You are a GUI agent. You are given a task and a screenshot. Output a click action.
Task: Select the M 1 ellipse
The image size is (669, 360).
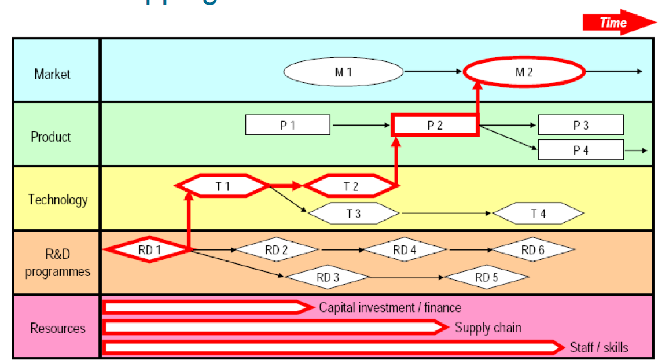tap(343, 72)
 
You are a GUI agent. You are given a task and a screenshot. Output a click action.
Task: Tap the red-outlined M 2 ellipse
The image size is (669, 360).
tap(524, 72)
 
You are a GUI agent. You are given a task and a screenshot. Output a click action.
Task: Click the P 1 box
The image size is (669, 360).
tap(288, 125)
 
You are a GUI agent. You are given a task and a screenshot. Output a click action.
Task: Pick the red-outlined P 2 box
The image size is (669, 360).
tap(435, 125)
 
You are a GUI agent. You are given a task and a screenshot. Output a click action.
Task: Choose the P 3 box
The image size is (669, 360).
tap(580, 125)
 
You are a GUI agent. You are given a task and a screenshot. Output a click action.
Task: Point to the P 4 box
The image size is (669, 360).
tap(580, 150)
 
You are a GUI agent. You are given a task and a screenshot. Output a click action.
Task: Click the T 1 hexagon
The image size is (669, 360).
tap(222, 186)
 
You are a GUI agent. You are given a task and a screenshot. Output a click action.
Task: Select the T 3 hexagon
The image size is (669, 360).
tap(354, 214)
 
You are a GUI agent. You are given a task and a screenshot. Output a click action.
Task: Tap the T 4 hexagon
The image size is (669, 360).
tap(538, 214)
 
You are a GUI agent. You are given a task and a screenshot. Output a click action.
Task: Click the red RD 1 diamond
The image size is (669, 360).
tap(149, 249)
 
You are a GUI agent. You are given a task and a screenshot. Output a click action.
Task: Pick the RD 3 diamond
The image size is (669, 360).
tap(328, 277)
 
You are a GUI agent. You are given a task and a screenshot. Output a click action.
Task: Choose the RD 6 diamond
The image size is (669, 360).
tap(533, 249)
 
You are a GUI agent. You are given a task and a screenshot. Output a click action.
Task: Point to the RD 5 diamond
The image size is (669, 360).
tap(487, 277)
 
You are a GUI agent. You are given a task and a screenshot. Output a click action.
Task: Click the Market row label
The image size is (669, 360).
tap(52, 74)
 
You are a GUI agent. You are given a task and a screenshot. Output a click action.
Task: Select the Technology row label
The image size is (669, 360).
tap(58, 200)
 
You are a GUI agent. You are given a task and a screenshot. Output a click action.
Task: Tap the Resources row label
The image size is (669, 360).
tap(58, 328)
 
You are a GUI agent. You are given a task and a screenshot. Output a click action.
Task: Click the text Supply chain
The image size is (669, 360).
tap(488, 328)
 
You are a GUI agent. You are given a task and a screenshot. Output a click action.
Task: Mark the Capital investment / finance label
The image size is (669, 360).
tap(390, 307)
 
